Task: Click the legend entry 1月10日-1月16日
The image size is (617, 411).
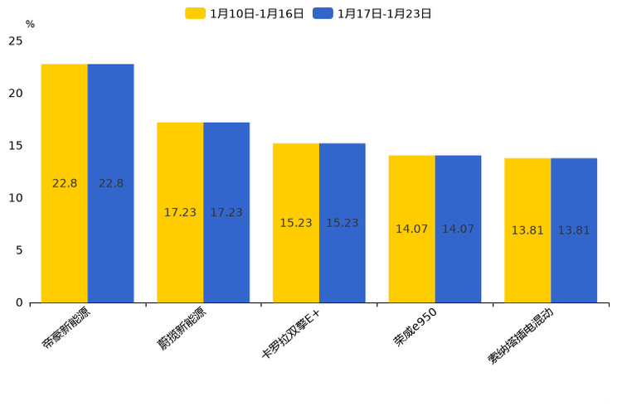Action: [x=245, y=13]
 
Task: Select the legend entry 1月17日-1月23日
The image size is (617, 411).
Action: [x=372, y=13]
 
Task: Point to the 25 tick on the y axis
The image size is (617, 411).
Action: [x=16, y=41]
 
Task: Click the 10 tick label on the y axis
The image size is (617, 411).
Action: [x=16, y=198]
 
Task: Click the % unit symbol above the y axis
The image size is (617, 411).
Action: [x=30, y=24]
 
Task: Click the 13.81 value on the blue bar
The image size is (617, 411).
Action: [x=574, y=230]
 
